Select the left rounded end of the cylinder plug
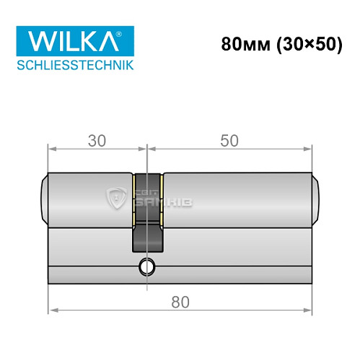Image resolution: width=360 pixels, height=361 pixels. click(44, 199)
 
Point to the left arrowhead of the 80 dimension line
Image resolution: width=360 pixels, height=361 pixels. click(52, 311)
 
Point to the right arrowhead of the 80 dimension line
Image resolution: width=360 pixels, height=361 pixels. click(312, 311)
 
